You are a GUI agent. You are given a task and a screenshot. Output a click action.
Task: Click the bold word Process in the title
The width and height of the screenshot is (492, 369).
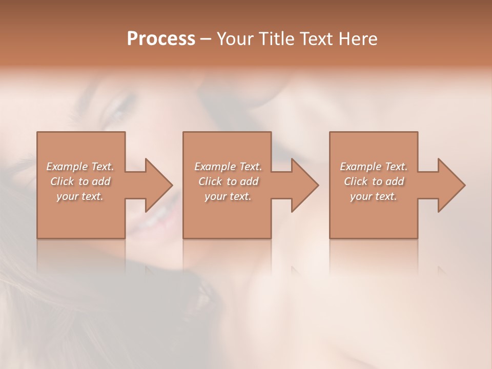click(x=161, y=39)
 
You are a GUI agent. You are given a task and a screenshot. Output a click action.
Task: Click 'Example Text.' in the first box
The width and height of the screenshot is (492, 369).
click(x=80, y=167)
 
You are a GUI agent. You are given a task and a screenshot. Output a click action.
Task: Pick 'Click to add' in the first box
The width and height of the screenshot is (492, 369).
click(x=80, y=181)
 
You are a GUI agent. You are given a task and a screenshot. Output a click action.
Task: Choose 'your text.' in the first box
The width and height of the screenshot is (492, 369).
click(x=80, y=196)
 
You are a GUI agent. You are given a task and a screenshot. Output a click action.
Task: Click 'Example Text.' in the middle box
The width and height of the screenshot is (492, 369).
click(x=228, y=167)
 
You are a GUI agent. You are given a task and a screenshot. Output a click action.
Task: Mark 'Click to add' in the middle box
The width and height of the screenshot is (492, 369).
click(x=228, y=181)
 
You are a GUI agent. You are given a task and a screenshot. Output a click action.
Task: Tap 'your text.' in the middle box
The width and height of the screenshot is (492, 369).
click(x=228, y=196)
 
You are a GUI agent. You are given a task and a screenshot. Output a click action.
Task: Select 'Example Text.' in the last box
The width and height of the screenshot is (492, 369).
click(x=374, y=167)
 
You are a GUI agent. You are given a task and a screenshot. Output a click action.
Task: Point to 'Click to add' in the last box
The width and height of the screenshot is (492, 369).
click(x=374, y=181)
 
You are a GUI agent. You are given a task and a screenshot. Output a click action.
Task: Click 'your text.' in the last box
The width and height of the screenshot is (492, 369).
click(x=374, y=196)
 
